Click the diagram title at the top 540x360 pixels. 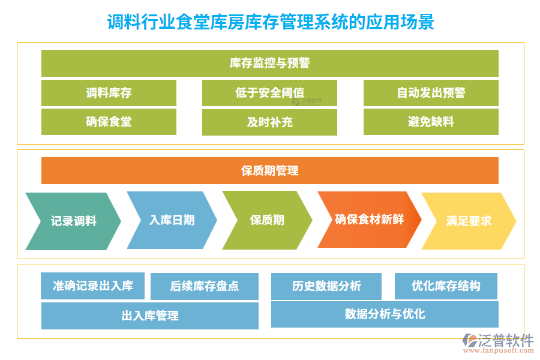270,23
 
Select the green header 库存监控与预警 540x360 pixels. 270,63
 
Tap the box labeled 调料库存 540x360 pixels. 109,93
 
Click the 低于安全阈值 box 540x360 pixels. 269,93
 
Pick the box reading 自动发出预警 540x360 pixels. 431,93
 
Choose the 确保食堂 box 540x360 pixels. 109,122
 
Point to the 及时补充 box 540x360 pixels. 269,122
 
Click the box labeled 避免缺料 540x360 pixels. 431,122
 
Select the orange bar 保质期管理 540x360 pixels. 270,171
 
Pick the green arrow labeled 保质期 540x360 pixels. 267,220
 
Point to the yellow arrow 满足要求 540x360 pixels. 469,221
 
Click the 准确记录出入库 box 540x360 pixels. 93,286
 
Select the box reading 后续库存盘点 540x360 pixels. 205,286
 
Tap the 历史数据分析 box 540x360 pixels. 326,286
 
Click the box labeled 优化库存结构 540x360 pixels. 446,286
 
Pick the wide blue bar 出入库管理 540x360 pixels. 150,316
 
